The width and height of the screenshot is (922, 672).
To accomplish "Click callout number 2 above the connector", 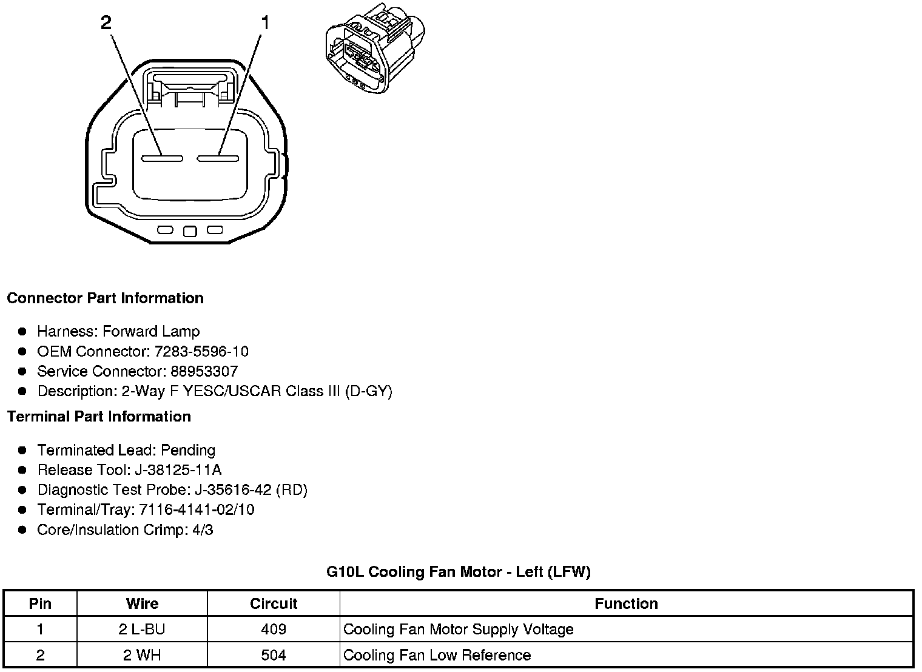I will point(106,23).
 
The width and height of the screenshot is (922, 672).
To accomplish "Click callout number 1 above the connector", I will point(264,23).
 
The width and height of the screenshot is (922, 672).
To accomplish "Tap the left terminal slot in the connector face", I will point(162,158).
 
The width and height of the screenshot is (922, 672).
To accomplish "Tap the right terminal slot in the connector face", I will point(217,158).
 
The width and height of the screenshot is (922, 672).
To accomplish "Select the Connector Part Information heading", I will point(106,298).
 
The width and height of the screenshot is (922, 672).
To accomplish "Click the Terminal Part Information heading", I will point(99,417).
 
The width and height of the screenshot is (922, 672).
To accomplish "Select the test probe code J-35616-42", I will point(233,489).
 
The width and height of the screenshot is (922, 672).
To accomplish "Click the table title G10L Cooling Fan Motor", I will point(458,571).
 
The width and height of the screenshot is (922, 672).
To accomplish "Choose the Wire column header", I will point(142,603).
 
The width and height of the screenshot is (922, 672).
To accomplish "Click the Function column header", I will point(626,603).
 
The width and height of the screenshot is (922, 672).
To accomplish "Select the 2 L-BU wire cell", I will point(142,630).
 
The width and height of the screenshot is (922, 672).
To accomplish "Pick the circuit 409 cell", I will point(274,630).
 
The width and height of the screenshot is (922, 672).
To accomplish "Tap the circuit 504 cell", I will point(274,655).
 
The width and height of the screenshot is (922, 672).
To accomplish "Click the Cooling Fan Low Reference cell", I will point(437,655).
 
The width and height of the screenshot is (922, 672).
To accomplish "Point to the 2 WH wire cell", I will point(142,655).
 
